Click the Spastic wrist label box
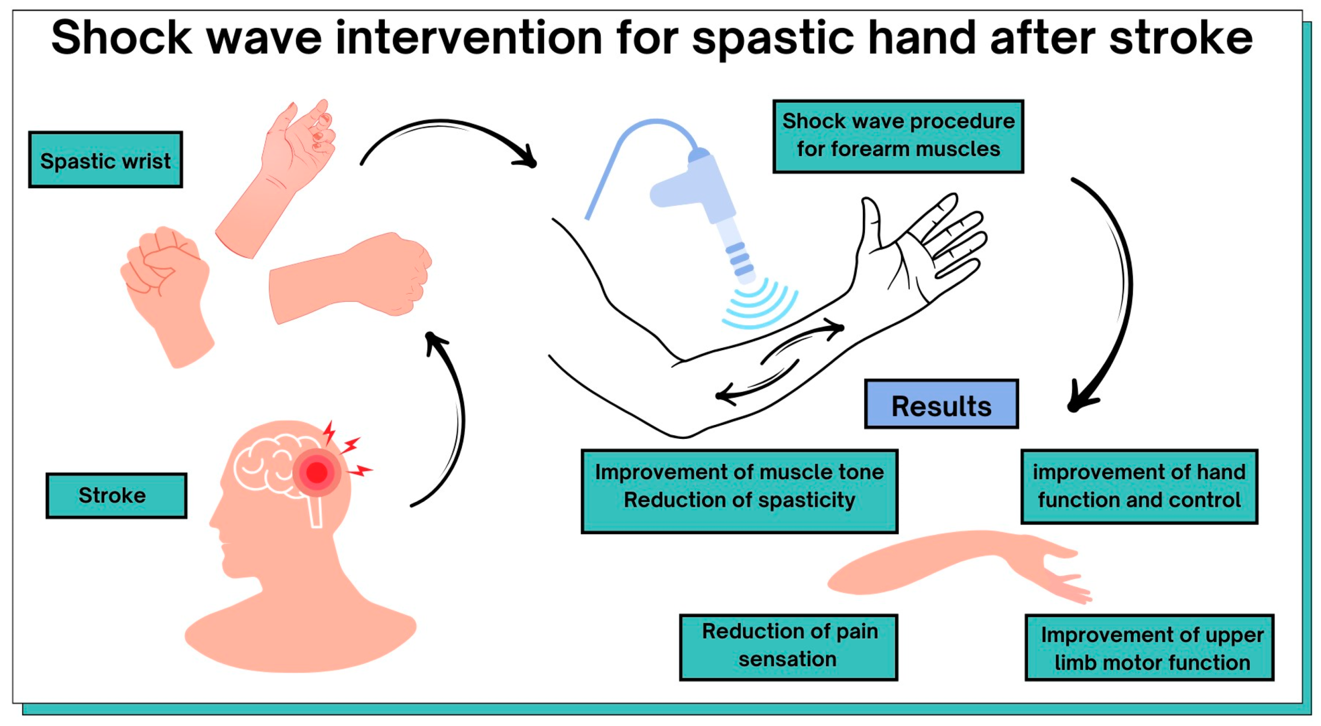[105, 160]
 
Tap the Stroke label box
[116, 495]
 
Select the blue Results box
[941, 404]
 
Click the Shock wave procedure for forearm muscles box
[898, 136]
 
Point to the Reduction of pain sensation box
[788, 646]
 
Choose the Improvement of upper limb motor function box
[1149, 648]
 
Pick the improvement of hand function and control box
[1139, 486]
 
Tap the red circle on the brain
[317, 471]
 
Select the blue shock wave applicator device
[691, 207]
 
